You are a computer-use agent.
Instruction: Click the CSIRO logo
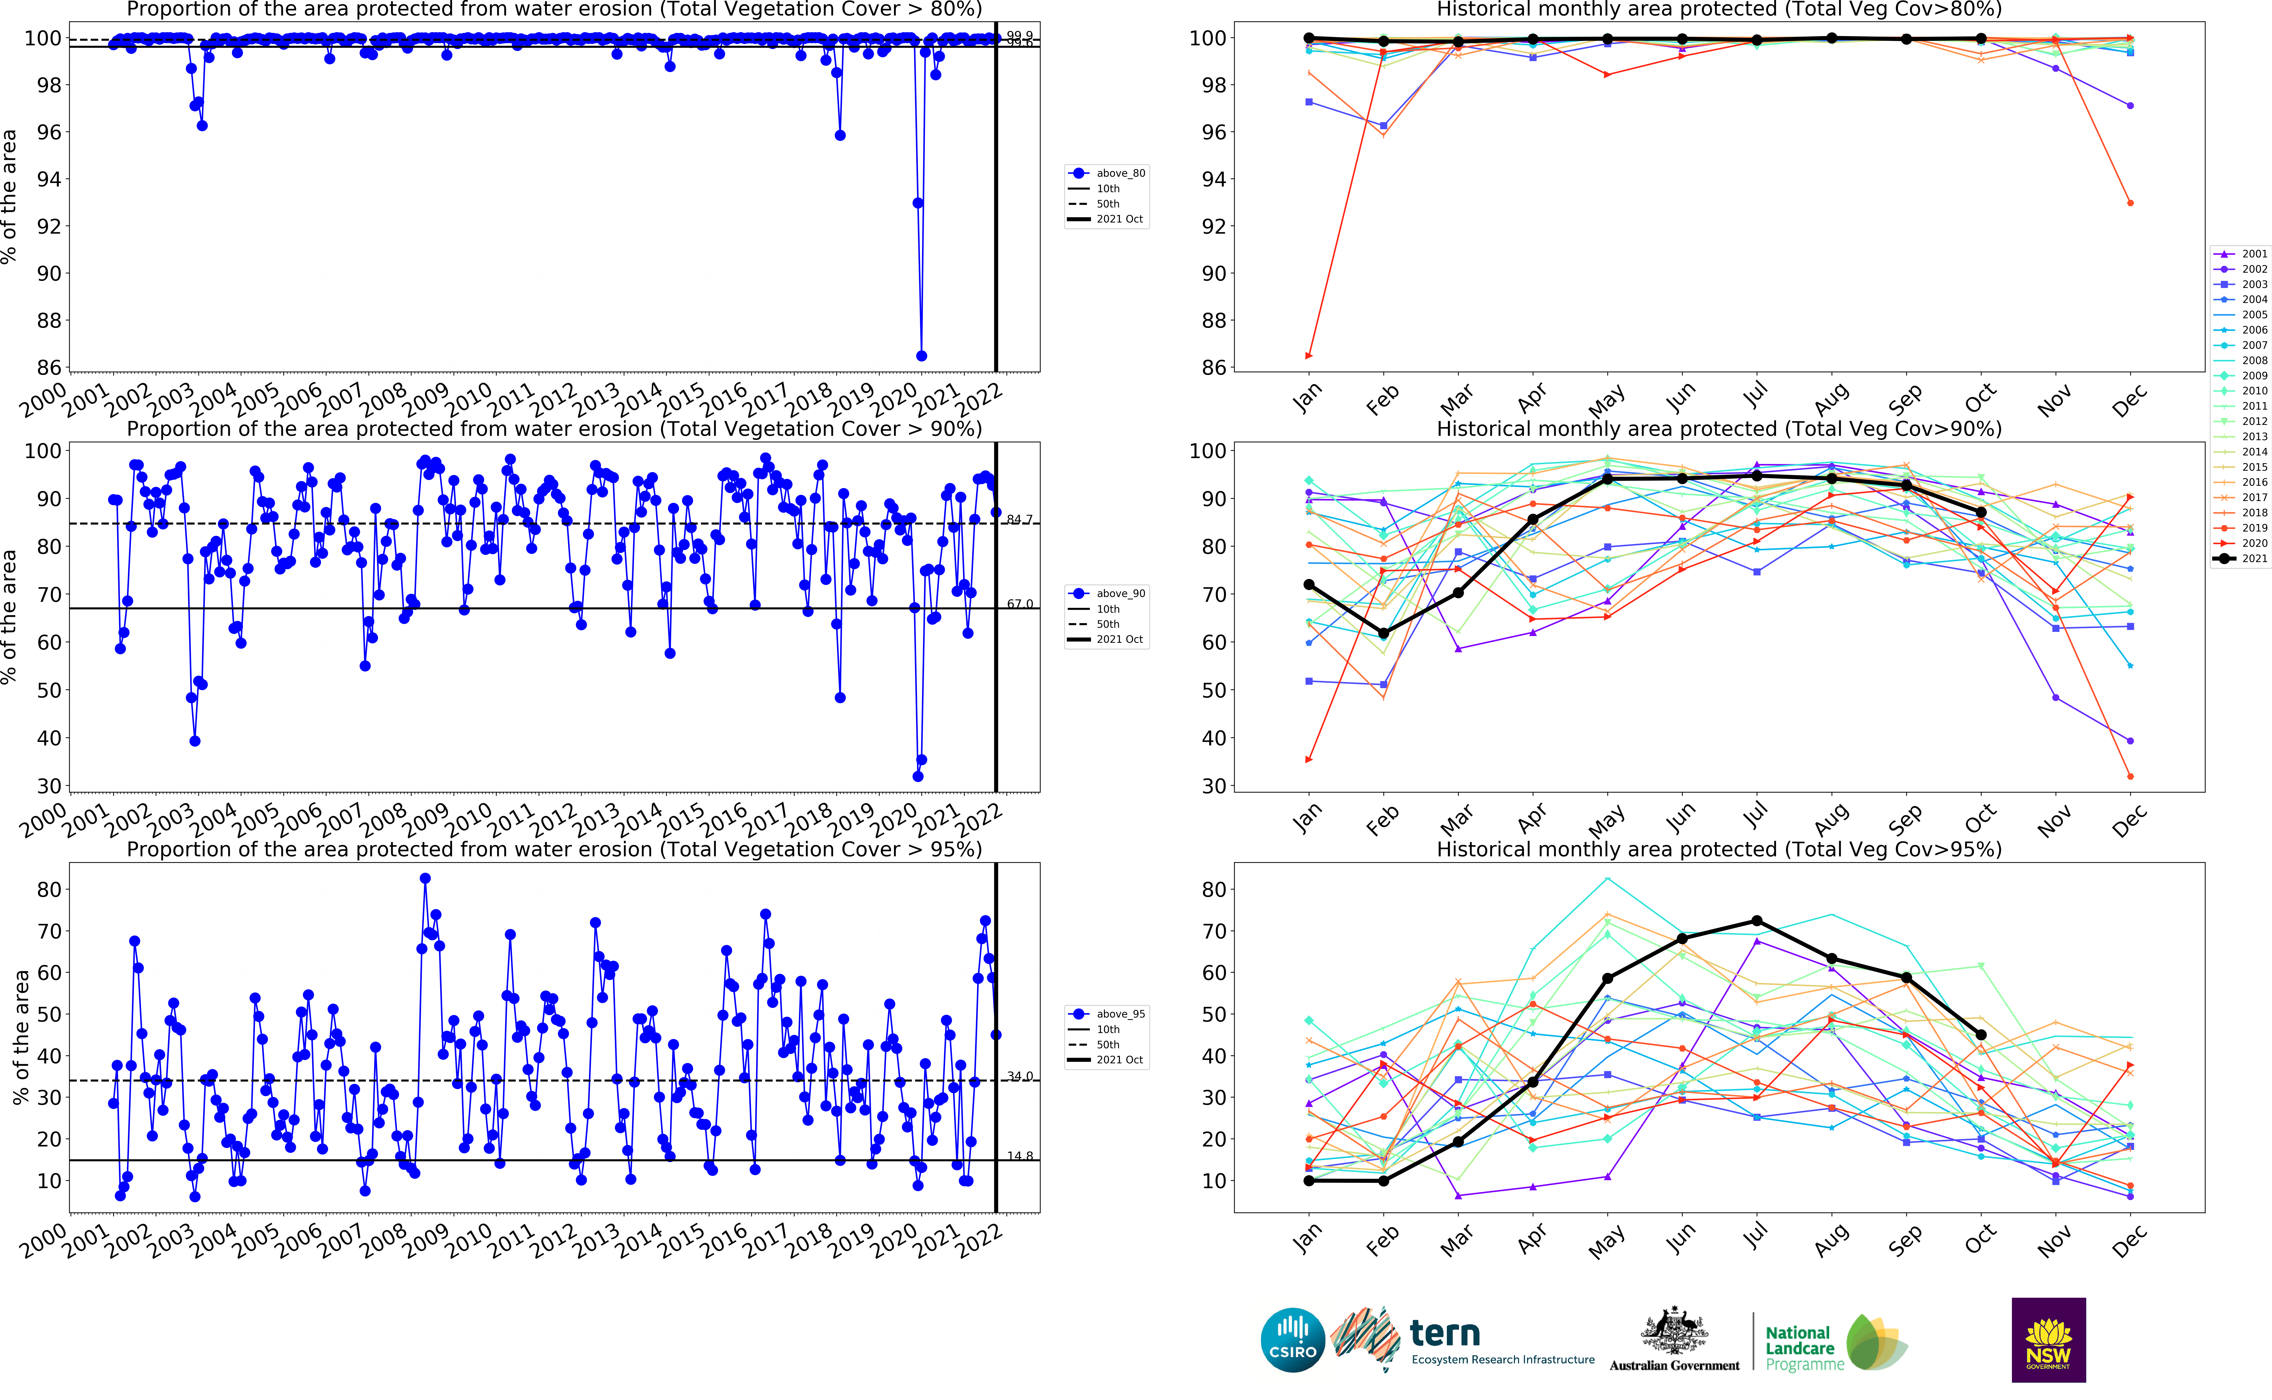tap(1292, 1340)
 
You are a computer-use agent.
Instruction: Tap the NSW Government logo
tap(2048, 1340)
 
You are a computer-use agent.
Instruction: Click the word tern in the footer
tap(1444, 1333)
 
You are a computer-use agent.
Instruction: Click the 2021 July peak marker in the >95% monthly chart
tap(1756, 921)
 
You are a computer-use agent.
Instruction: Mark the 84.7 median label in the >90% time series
tap(1019, 519)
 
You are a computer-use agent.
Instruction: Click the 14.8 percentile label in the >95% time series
tap(1019, 1155)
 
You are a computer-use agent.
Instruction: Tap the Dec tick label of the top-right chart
tap(2129, 400)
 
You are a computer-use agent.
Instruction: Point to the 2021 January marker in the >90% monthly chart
tap(1308, 584)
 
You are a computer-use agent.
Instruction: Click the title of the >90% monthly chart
tap(1718, 429)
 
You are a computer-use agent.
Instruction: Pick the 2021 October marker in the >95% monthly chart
tap(1980, 1035)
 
